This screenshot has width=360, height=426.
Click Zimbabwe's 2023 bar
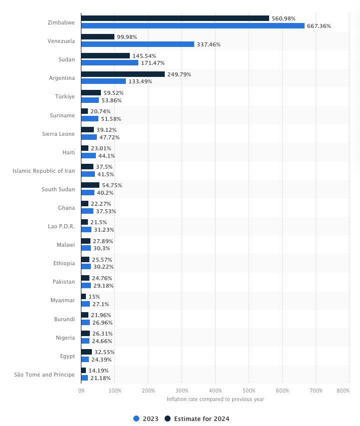click(x=192, y=26)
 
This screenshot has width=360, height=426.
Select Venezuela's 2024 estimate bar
click(x=98, y=37)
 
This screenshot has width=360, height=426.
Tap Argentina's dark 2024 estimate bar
click(x=123, y=74)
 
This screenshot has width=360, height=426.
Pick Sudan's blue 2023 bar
click(x=109, y=63)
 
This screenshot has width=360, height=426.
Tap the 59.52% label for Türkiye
click(x=113, y=93)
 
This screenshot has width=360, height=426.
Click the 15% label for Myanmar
click(x=94, y=297)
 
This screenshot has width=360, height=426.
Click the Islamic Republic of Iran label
click(x=43, y=171)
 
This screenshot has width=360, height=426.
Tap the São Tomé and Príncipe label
click(x=44, y=375)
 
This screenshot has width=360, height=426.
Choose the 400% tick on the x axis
click(x=215, y=391)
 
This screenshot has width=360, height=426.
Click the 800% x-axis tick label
click(x=343, y=391)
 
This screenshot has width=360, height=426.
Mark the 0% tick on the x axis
click(x=81, y=391)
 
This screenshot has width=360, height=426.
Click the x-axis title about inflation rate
click(x=215, y=399)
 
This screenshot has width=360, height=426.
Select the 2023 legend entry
click(x=146, y=419)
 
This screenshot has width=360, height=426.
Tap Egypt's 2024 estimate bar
click(x=86, y=352)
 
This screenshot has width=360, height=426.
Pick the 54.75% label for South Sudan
click(x=112, y=185)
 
